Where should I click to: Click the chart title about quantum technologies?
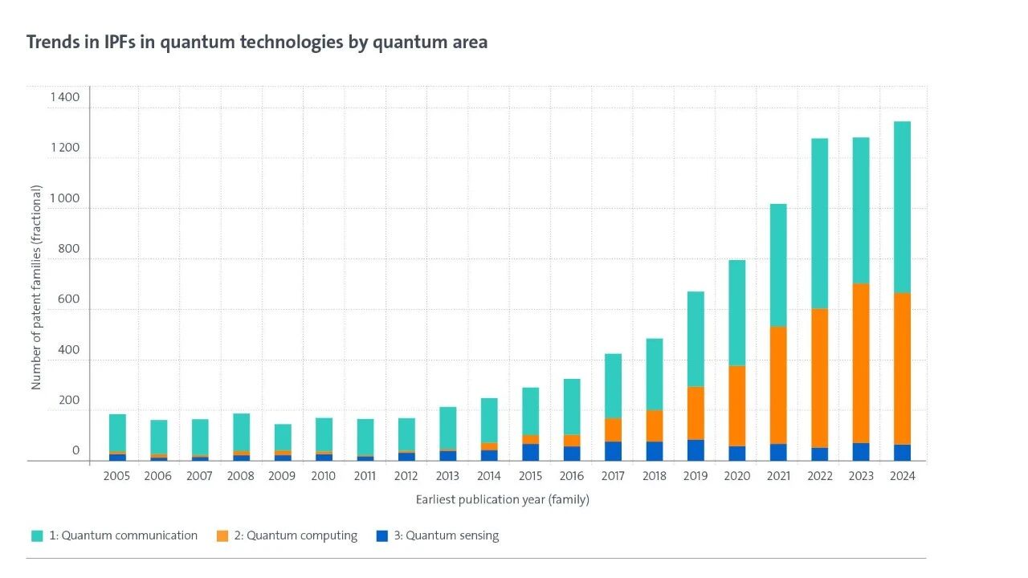coord(257,43)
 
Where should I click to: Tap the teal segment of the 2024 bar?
coord(902,207)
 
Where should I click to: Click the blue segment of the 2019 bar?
coord(696,450)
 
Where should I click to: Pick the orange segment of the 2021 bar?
coord(778,385)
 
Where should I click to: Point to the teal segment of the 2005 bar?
coord(117,433)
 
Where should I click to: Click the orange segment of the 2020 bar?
coord(736,406)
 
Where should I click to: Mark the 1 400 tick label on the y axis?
coord(64,97)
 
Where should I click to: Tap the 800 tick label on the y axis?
coord(69,249)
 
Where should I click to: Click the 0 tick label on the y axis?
coord(75,451)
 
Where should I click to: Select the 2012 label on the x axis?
coord(406,476)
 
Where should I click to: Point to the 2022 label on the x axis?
coord(820,476)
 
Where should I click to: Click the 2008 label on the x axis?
coord(241,476)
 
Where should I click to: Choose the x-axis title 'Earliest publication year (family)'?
coord(502,500)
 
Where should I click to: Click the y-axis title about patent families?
coord(36,287)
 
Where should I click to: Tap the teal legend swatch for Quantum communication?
coord(37,536)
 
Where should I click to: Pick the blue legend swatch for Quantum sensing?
coord(381,536)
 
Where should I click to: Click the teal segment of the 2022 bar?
coord(819,224)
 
